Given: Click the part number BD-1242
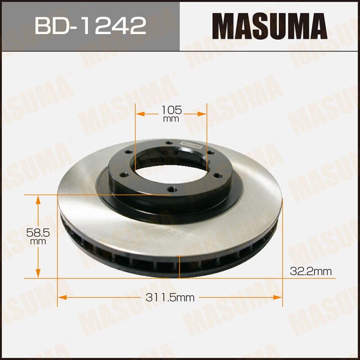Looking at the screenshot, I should [90, 26].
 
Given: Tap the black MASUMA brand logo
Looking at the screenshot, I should [269, 25].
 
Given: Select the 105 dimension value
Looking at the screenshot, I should [171, 109].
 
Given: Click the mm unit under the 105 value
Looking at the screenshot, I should [171, 119].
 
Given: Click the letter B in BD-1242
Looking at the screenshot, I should [42, 26].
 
